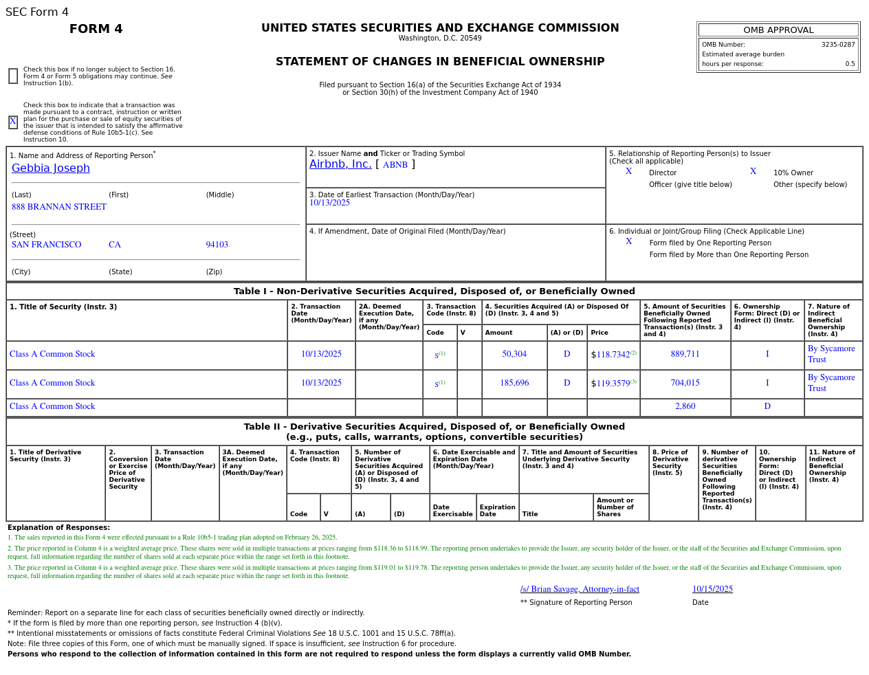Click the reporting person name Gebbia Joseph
click(51, 168)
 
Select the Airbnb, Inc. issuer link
click(340, 164)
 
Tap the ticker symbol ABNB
click(395, 165)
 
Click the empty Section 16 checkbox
click(13, 76)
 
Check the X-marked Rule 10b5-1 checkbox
click(13, 122)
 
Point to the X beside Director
click(628, 172)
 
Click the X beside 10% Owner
click(753, 172)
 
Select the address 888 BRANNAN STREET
click(59, 207)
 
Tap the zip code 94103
click(217, 245)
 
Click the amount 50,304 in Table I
click(514, 355)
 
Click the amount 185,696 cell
click(514, 384)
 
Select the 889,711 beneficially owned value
click(685, 355)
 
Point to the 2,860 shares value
click(685, 407)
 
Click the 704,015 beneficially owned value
click(685, 384)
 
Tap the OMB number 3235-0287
click(838, 45)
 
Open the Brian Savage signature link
click(580, 589)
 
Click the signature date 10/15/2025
click(712, 589)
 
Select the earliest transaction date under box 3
click(329, 203)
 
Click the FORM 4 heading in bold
click(96, 29)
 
